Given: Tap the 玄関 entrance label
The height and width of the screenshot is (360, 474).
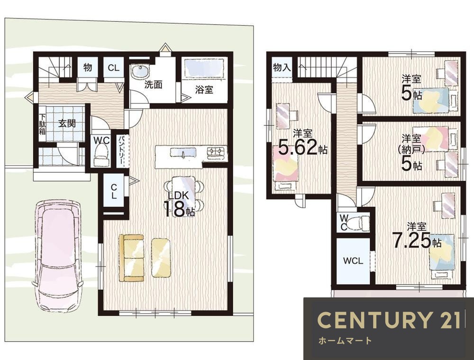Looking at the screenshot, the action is point(67,123).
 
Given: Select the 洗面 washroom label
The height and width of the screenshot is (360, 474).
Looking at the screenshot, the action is point(153,85).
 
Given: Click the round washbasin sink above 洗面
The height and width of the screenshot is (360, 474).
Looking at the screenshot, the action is point(140,72).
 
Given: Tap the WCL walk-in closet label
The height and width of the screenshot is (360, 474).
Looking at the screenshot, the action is point(353,261).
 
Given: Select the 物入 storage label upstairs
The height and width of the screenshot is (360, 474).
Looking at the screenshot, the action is point(282,67).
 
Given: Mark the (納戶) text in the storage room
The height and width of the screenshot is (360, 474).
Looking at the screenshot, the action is point(411,149).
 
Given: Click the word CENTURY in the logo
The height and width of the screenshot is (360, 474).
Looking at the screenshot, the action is point(374,320).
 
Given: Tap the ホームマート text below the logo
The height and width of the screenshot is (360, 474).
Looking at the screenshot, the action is point(345,341).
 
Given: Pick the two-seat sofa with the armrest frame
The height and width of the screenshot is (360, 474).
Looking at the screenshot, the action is point(131,258).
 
